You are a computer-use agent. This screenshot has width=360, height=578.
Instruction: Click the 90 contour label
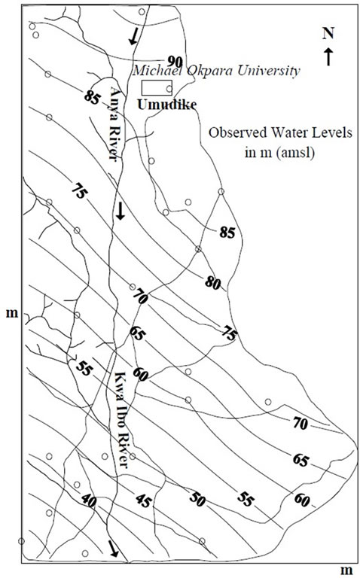click(x=175, y=60)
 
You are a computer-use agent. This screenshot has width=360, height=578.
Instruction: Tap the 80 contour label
click(x=212, y=284)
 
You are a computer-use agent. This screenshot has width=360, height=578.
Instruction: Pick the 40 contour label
click(x=89, y=499)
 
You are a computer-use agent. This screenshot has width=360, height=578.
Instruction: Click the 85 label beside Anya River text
click(x=94, y=97)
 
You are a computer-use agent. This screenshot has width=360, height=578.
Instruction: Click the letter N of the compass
click(x=328, y=34)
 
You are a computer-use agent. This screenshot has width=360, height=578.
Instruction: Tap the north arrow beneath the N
click(x=328, y=56)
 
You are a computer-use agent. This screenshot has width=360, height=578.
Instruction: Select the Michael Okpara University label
click(x=216, y=71)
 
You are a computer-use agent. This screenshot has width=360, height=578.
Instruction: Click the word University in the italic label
click(x=267, y=71)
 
